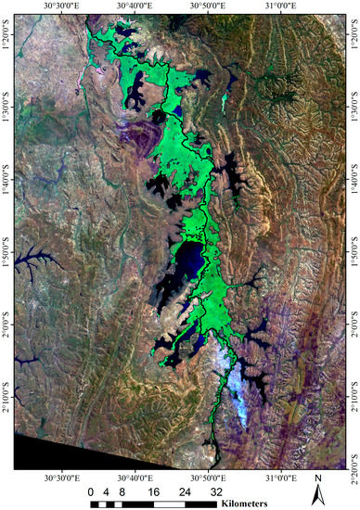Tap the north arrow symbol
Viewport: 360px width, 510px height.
coord(317,497)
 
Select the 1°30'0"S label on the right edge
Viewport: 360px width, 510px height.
coord(354,108)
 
